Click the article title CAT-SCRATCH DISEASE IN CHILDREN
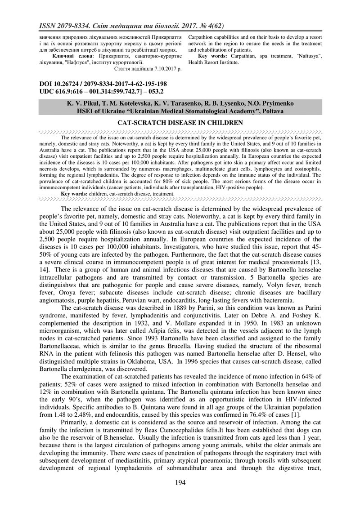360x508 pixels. [180, 123]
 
